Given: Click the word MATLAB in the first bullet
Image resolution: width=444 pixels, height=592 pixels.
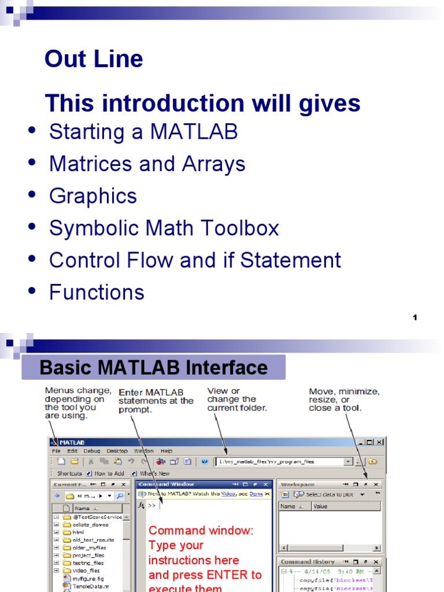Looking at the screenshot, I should tap(194, 132).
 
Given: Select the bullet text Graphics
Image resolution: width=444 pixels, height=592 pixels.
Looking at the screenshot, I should tap(93, 196).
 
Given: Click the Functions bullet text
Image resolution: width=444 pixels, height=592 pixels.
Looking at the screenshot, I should tap(97, 293).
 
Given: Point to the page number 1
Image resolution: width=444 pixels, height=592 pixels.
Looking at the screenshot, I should tap(415, 317).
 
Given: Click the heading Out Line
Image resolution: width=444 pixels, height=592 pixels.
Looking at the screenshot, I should tap(94, 59).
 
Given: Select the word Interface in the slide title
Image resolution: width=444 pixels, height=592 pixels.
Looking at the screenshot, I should tap(230, 368).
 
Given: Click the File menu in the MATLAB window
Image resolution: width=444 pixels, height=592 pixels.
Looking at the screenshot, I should tap(56, 450).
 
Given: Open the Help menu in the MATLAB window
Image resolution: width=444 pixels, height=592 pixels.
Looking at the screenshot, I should tap(166, 450).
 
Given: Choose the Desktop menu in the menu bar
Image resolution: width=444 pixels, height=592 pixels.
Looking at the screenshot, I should tap(117, 450).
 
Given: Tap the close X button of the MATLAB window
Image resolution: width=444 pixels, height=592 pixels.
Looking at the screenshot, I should tap(379, 442).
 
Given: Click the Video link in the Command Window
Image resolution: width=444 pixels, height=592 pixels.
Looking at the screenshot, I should tap(228, 494).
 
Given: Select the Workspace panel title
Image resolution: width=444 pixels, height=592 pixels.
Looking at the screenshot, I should tap(298, 484).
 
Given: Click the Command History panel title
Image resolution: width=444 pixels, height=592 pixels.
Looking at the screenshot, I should tap(308, 561).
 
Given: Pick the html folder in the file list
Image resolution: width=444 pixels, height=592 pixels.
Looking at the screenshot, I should tap(78, 532).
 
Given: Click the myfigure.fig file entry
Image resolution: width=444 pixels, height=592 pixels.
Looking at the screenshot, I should tap(88, 578).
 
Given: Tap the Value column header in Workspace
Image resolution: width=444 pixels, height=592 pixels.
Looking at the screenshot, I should tap(320, 506).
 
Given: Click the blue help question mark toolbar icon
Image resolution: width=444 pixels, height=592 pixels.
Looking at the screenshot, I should tap(204, 461).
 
